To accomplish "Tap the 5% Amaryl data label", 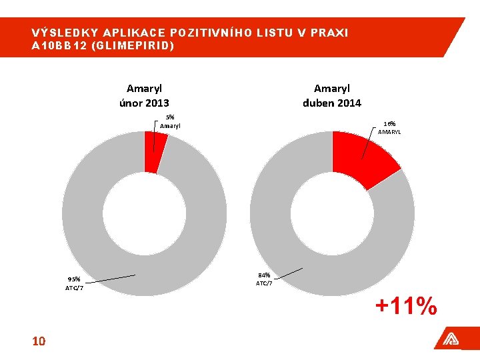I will point(170,121).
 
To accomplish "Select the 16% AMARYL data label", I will point(390,127).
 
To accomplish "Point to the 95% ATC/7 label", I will point(74,283).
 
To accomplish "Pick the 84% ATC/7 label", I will point(264,279).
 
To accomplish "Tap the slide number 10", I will point(39,341).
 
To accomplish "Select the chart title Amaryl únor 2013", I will point(144,95).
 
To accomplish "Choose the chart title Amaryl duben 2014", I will point(331,95).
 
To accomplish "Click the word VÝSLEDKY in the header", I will point(60,33).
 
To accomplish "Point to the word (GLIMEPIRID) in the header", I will point(140,45).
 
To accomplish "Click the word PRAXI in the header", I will point(331,33).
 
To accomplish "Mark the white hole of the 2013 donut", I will point(145,213).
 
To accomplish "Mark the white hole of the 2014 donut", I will point(332,213).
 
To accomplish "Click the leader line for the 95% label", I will point(110,277).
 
